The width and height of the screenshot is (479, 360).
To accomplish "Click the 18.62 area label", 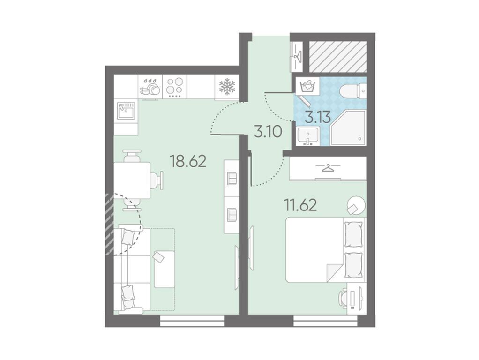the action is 188,161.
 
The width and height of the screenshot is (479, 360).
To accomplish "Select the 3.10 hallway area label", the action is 268,132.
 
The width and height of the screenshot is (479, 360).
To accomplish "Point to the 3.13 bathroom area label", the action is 318,117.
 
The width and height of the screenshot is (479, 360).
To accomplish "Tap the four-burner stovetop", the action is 175,87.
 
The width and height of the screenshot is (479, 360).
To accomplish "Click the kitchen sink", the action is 126,111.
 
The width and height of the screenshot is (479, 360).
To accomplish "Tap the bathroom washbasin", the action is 307,135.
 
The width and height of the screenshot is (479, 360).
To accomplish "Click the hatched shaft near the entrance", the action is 338,57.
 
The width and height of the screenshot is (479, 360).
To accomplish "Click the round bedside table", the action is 356,205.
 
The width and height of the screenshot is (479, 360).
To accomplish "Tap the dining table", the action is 132,180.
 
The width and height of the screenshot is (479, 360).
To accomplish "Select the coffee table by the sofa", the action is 165,269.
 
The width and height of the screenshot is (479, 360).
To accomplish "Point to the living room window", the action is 192,321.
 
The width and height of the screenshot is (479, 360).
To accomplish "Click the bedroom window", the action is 326,321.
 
